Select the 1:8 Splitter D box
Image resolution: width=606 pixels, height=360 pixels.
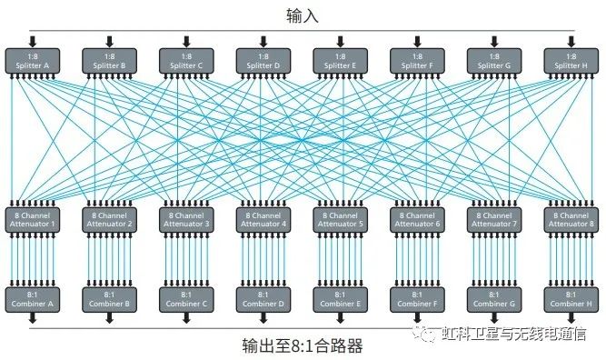pyautogui.click(x=263, y=61)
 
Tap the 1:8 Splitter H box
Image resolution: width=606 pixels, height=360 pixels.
pyautogui.click(x=571, y=61)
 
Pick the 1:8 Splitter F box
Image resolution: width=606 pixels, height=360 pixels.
pyautogui.click(x=418, y=61)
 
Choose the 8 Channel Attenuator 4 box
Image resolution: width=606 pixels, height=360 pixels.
pyautogui.click(x=263, y=219)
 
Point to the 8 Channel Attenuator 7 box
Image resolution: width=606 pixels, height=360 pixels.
pyautogui.click(x=494, y=219)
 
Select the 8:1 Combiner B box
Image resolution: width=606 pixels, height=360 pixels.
pyautogui.click(x=109, y=298)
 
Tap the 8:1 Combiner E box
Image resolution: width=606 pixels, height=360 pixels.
pyautogui.click(x=341, y=298)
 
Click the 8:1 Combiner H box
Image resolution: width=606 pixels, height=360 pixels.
pyautogui.click(x=571, y=298)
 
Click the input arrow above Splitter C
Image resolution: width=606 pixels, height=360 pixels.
pyautogui.click(x=186, y=41)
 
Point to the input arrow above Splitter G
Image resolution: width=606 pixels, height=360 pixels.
pyautogui.click(x=494, y=41)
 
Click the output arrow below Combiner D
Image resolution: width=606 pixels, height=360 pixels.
pyautogui.click(x=263, y=318)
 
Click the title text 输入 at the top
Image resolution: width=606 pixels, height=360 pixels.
pyautogui.click(x=303, y=15)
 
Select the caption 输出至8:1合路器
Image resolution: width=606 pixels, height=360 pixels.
pyautogui.click(x=303, y=345)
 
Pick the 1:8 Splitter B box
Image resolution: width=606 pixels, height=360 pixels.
pyautogui.click(x=109, y=61)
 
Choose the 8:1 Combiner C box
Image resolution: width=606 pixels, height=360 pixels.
pyautogui.click(x=186, y=298)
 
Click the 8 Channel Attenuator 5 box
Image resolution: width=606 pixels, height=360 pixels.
pyautogui.click(x=341, y=219)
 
